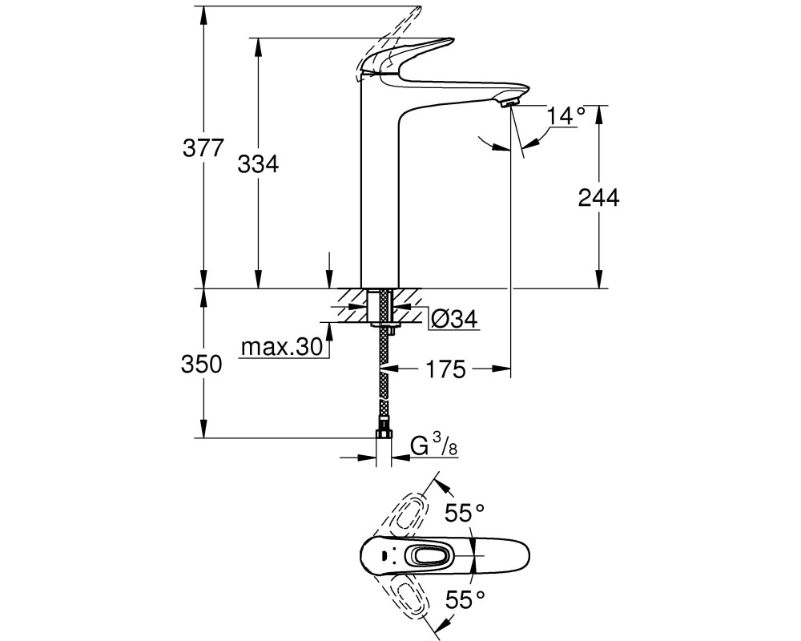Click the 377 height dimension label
pos(203,149)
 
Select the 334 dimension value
pos(259,164)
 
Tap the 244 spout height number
pos(598,198)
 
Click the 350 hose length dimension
pos(202,365)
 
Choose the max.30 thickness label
pos(282,348)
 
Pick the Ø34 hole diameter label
pos(454,319)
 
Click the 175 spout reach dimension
pos(446,369)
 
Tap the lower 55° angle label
pos(464,599)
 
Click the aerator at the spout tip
pos(509,104)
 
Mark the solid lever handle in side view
pos(404,57)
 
